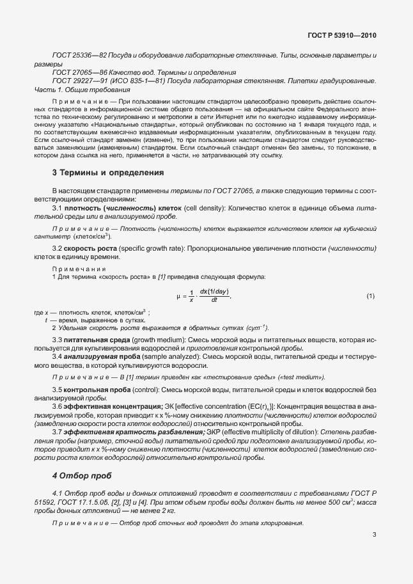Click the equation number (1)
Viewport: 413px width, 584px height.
pos(370,296)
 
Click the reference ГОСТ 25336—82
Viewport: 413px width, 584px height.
pos(77,56)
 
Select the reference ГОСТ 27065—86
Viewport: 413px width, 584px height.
pos(77,73)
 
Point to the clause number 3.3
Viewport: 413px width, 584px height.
pos(56,338)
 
